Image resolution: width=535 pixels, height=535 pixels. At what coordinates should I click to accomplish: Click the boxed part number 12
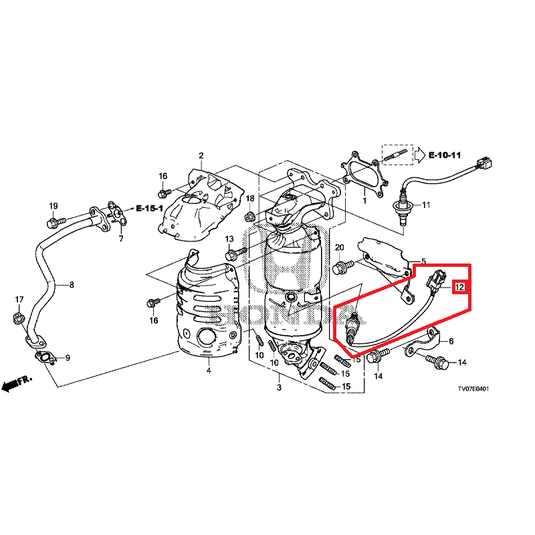tap(459, 288)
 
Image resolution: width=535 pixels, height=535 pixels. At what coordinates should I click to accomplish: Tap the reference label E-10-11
tap(445, 155)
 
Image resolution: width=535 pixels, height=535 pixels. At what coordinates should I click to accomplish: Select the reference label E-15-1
tap(150, 209)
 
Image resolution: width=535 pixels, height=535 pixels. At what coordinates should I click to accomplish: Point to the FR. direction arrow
tap(17, 383)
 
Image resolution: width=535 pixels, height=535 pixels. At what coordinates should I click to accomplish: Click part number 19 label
tap(53, 205)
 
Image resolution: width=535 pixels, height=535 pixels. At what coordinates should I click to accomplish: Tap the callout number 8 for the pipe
tap(71, 285)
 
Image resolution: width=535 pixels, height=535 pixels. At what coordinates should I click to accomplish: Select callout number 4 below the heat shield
tap(208, 370)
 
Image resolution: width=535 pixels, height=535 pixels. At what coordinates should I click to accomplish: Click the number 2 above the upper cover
tap(201, 156)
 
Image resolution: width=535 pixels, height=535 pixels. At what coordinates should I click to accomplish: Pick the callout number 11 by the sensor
tap(426, 205)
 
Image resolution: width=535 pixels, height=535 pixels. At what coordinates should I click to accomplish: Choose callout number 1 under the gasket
tap(364, 200)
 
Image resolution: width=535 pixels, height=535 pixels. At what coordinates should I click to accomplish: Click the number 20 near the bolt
tap(339, 248)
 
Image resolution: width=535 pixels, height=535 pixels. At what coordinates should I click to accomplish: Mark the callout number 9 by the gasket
tap(67, 357)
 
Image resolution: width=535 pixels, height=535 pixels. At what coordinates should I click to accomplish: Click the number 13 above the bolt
tap(229, 239)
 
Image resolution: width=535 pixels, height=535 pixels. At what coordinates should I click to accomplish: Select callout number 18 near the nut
tap(250, 199)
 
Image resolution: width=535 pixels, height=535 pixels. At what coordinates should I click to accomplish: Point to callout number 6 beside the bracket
tap(451, 341)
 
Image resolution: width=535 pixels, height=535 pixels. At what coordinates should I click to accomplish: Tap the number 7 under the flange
tap(121, 239)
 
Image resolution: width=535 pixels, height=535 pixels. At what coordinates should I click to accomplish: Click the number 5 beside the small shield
tap(423, 261)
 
